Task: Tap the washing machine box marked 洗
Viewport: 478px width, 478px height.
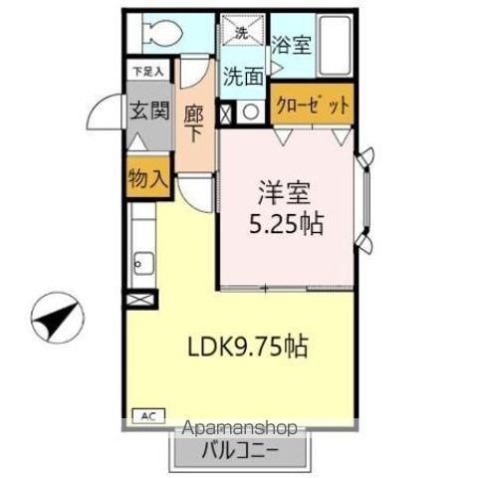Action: (240, 31)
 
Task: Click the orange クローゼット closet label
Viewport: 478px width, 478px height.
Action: (312, 106)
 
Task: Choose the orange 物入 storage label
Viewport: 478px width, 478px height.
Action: (146, 179)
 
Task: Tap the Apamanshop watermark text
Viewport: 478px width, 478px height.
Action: (241, 429)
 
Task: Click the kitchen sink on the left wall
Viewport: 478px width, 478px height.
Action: (141, 263)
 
